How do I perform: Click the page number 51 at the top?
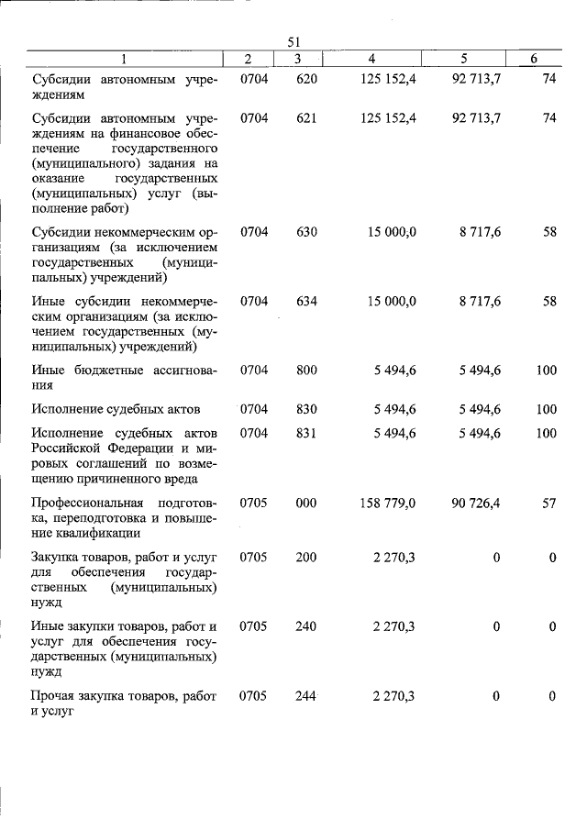coord(293,41)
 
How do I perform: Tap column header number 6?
coord(534,59)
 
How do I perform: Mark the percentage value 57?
coord(549,503)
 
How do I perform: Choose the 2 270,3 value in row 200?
coord(394,558)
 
